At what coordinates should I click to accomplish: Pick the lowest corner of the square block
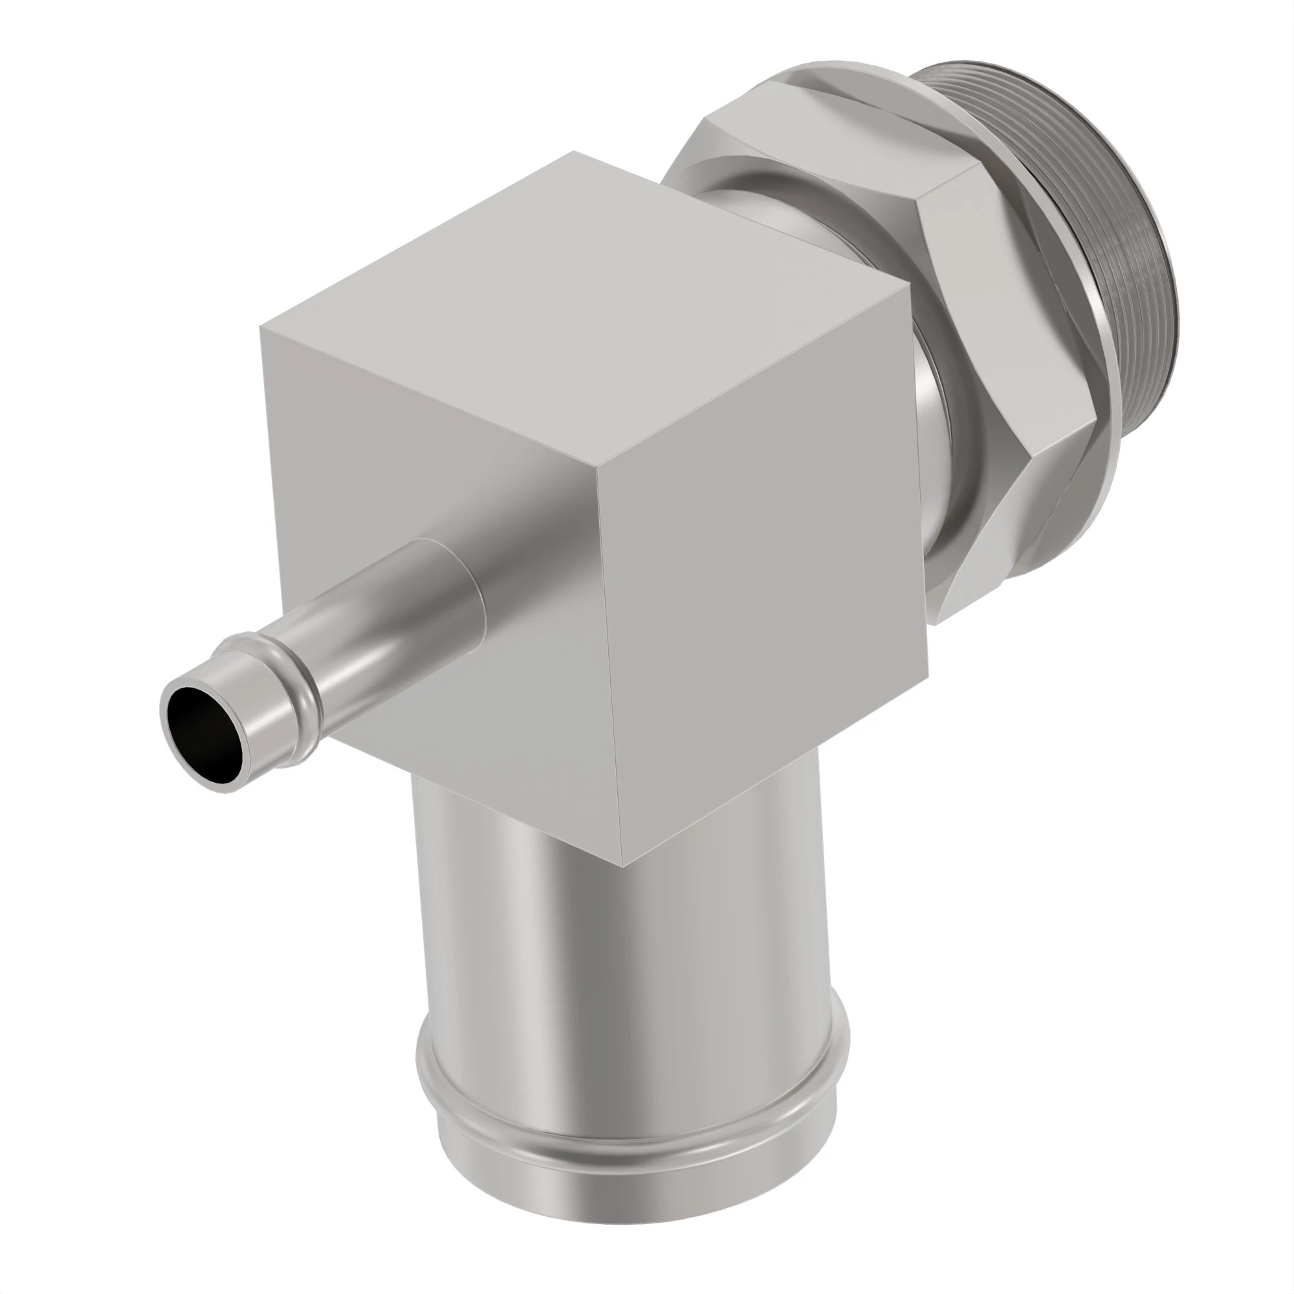point(623,866)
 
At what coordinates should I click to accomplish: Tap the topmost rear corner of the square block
point(573,153)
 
